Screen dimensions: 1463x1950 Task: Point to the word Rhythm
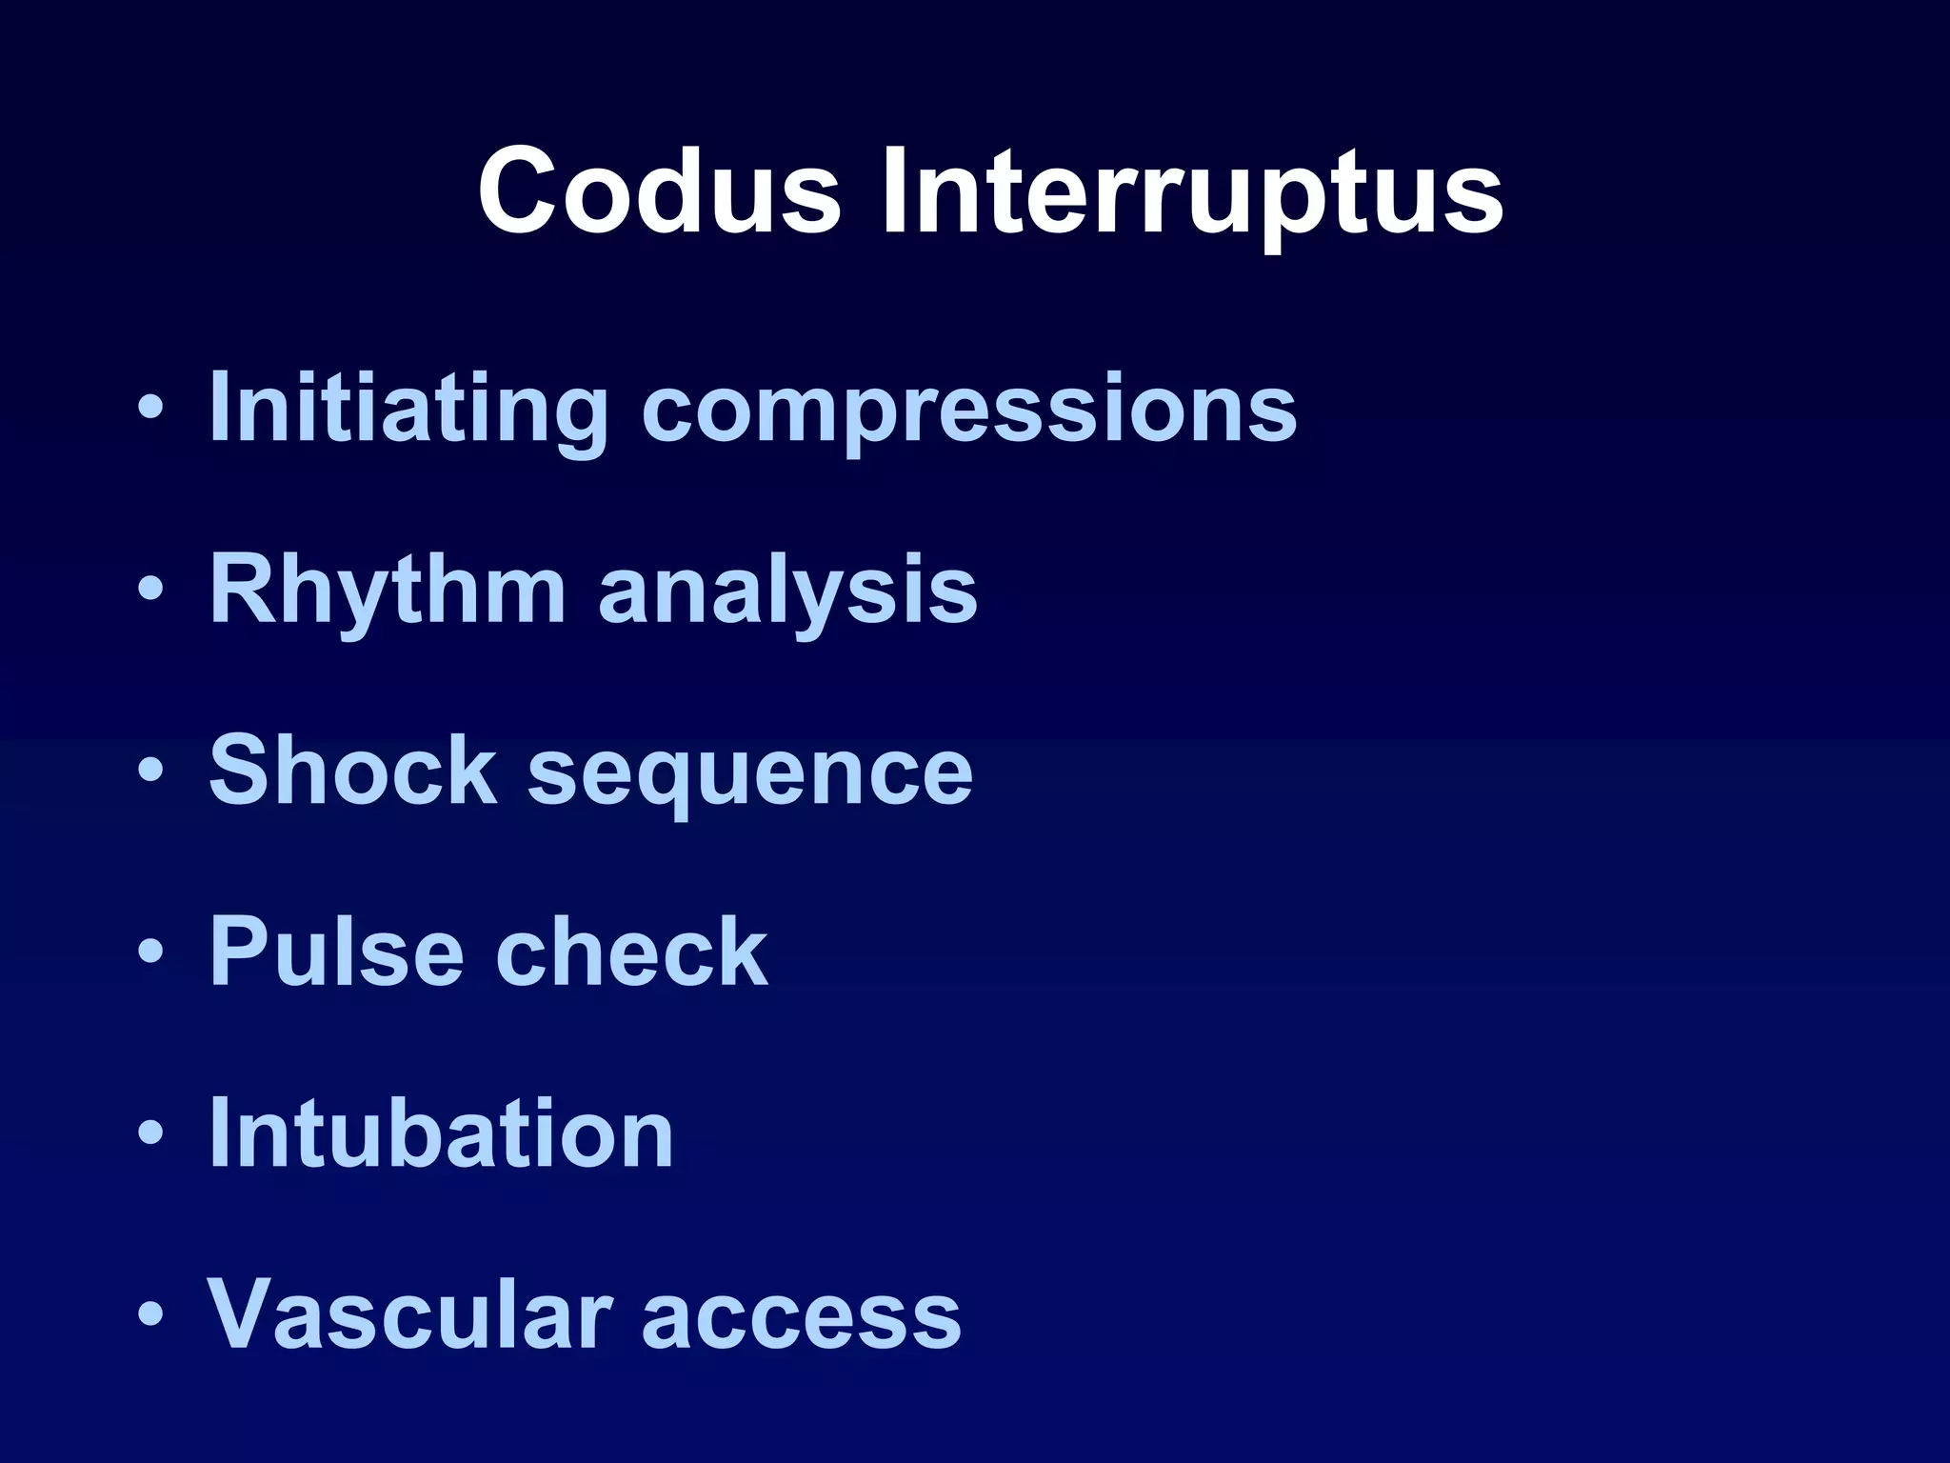tap(387, 591)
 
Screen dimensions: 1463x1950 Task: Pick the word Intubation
tap(441, 1132)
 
